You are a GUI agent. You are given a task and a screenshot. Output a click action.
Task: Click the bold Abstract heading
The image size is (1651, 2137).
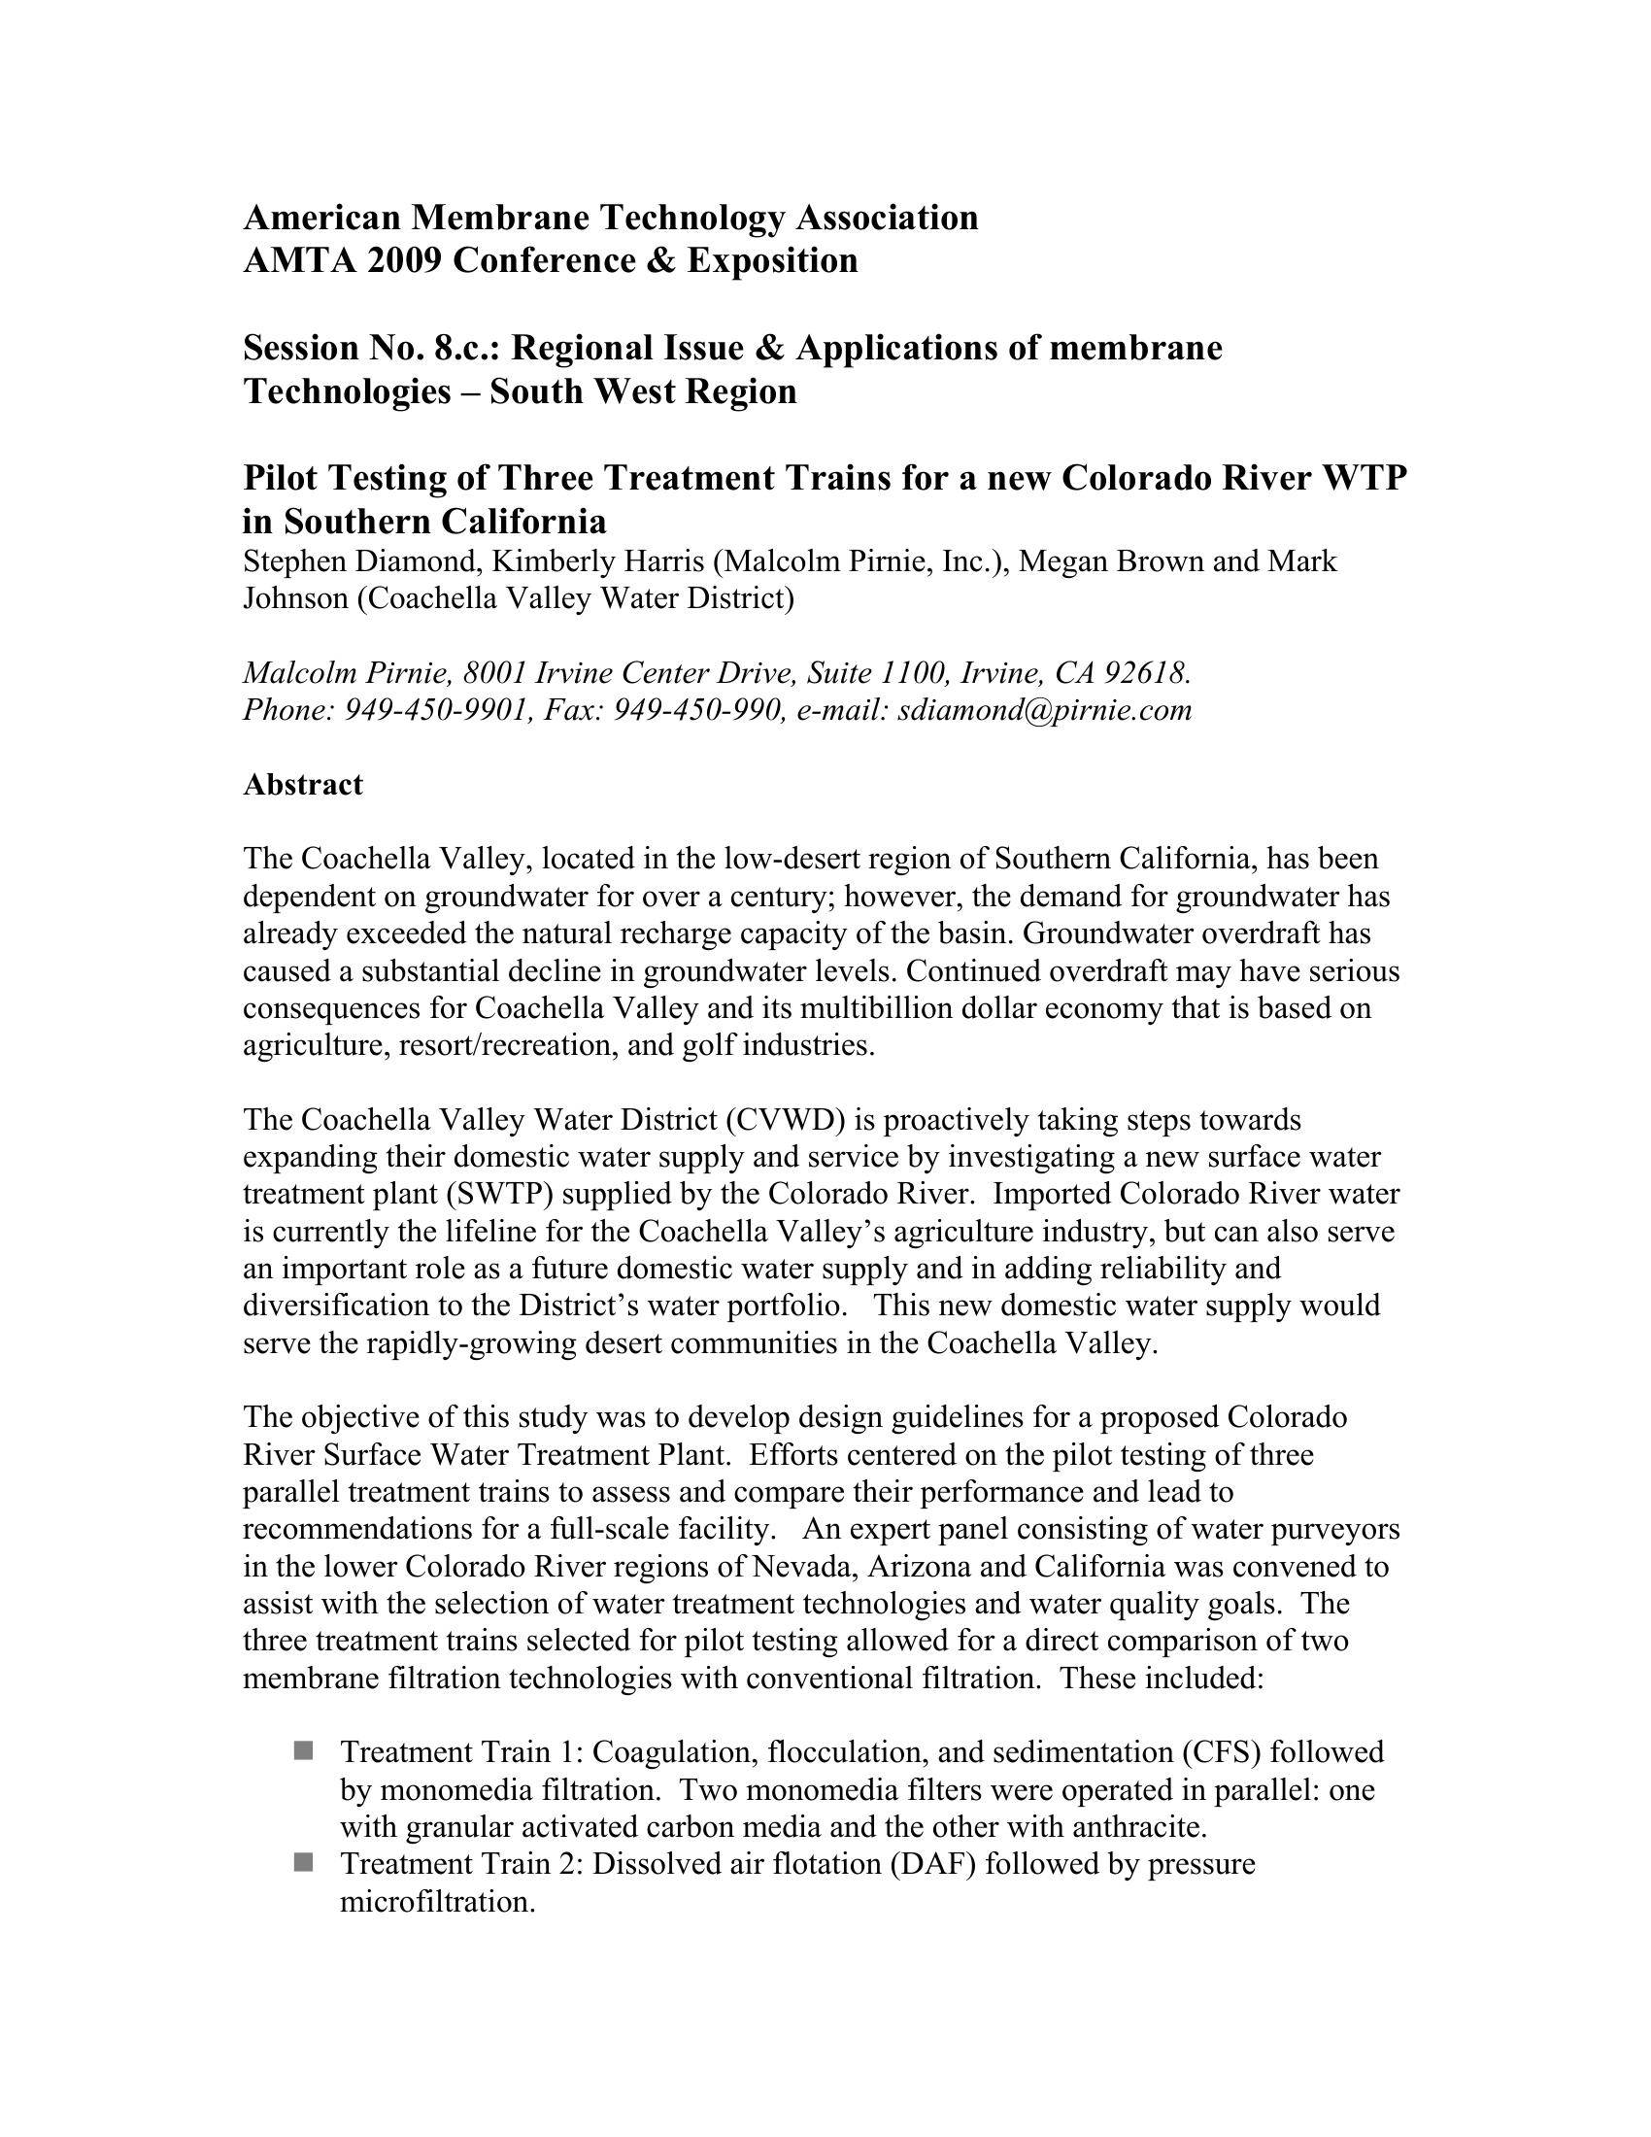pyautogui.click(x=302, y=785)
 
